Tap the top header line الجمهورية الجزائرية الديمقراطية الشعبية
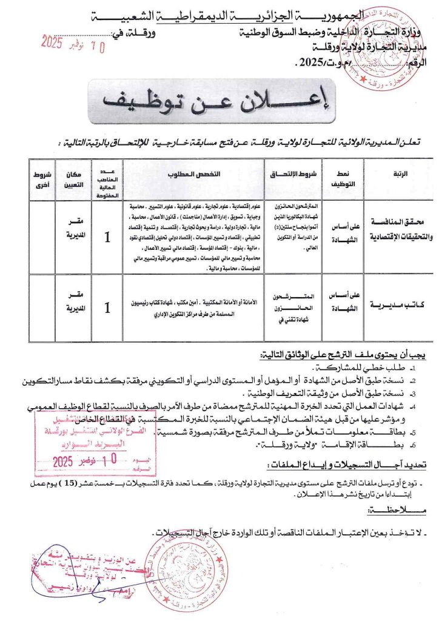[x=219, y=15]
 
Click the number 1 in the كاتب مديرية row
[x=107, y=309]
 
